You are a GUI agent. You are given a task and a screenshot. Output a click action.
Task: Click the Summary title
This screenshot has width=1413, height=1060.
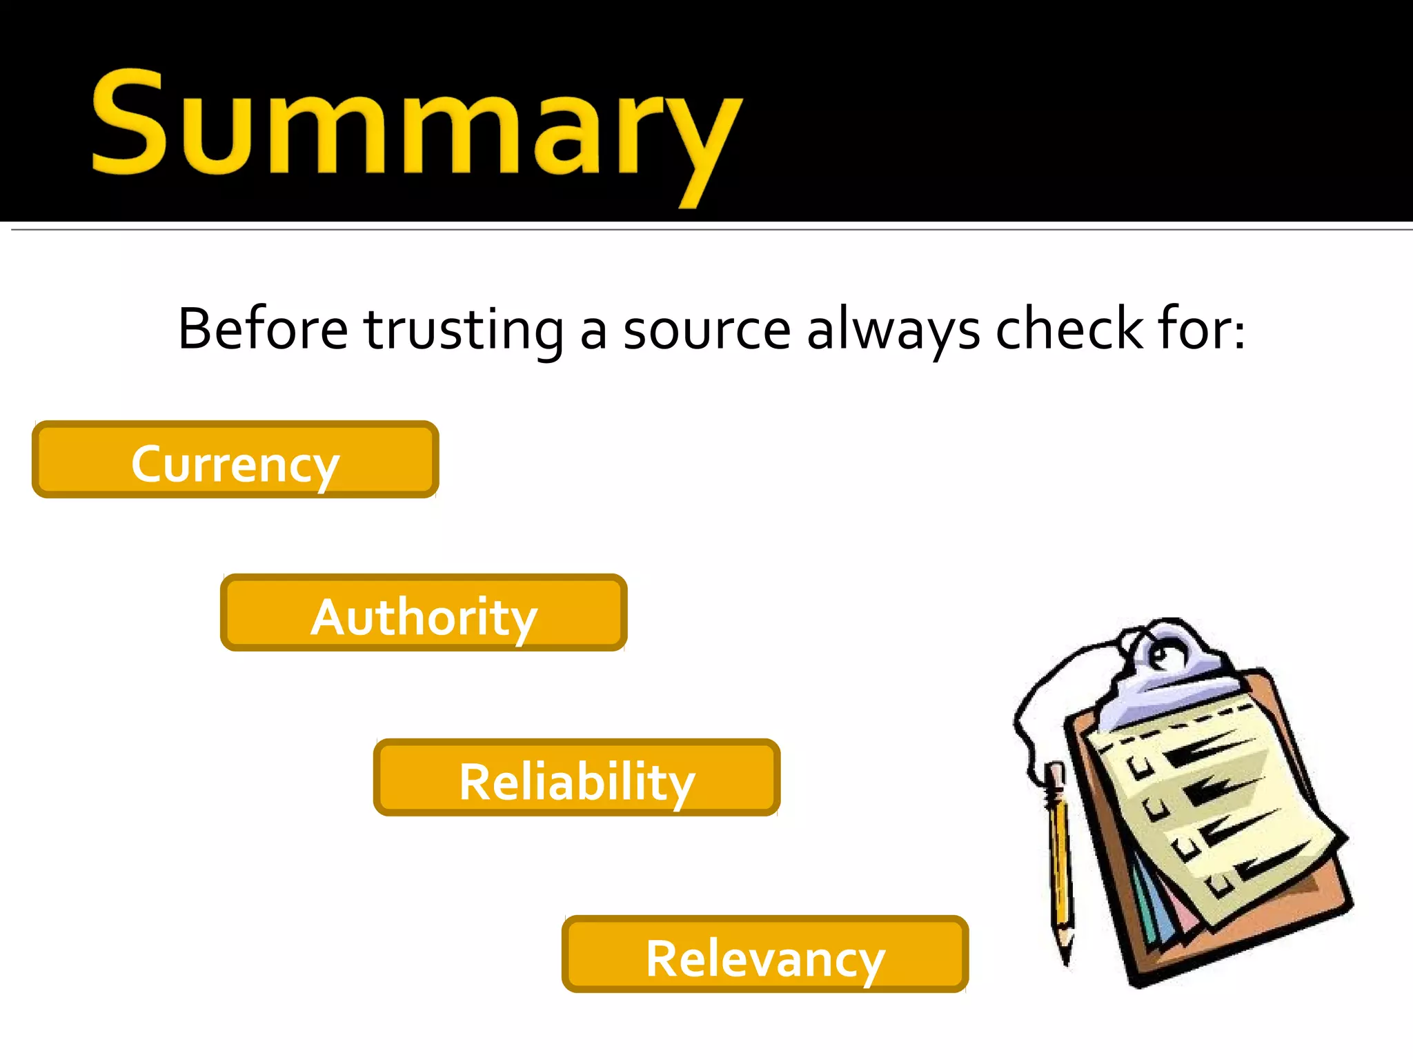click(417, 124)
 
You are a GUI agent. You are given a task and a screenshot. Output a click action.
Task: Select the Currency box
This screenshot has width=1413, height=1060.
click(235, 460)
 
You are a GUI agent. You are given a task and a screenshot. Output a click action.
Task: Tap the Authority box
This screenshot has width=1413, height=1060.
click(424, 613)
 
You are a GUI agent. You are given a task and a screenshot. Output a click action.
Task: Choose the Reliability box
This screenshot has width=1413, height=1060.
click(577, 778)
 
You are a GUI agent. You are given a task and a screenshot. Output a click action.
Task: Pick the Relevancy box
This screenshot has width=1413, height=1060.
click(765, 954)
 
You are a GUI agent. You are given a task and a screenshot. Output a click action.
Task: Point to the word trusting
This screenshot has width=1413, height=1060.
click(464, 330)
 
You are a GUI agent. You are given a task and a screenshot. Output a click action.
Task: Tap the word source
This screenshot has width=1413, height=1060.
click(706, 330)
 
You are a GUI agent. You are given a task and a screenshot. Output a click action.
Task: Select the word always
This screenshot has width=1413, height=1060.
click(893, 330)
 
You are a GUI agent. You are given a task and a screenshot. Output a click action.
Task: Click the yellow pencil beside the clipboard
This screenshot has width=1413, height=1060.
click(1060, 863)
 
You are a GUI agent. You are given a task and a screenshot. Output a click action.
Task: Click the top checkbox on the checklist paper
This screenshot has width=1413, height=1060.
click(1139, 767)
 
